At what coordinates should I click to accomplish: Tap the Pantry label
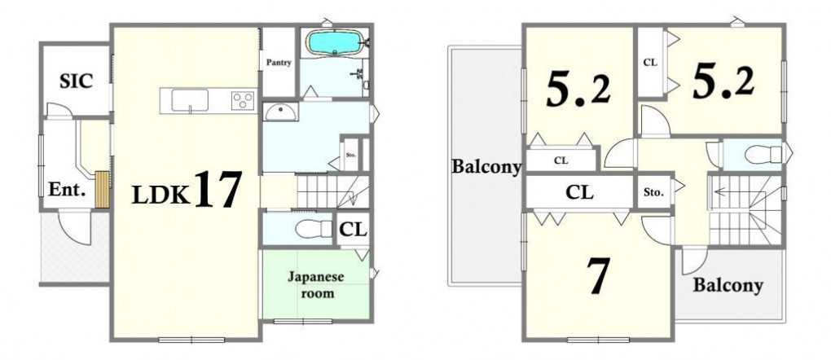pyautogui.click(x=279, y=63)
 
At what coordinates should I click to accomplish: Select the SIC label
pyautogui.click(x=76, y=81)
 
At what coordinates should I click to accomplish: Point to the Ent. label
pyautogui.click(x=67, y=190)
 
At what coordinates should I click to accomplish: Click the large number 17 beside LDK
pyautogui.click(x=218, y=189)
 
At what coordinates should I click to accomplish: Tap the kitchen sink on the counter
pyautogui.click(x=189, y=101)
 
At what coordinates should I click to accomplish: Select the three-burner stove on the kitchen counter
pyautogui.click(x=243, y=101)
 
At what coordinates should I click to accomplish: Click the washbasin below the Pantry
pyautogui.click(x=281, y=112)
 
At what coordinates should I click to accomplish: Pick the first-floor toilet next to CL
pyautogui.click(x=313, y=229)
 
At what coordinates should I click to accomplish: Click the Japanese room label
pyautogui.click(x=316, y=285)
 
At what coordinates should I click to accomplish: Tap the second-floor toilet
pyautogui.click(x=763, y=155)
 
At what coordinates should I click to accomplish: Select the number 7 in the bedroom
pyautogui.click(x=598, y=275)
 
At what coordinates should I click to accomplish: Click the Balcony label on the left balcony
pyautogui.click(x=486, y=166)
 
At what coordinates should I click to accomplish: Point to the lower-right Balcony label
pyautogui.click(x=728, y=285)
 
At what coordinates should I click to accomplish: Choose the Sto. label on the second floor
pyautogui.click(x=653, y=193)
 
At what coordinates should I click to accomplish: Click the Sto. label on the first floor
pyautogui.click(x=351, y=156)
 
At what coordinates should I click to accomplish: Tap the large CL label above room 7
pyautogui.click(x=579, y=192)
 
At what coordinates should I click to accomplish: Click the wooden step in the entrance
pyautogui.click(x=103, y=189)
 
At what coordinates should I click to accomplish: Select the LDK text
pyautogui.click(x=160, y=195)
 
